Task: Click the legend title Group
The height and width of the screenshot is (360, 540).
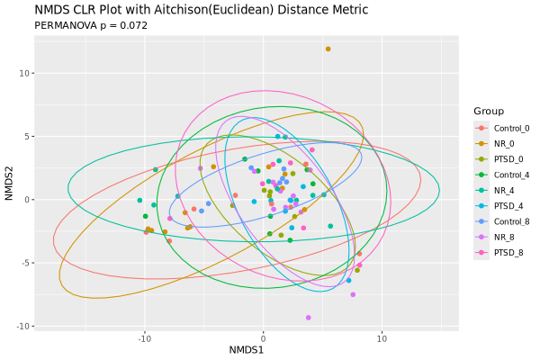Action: tap(488, 111)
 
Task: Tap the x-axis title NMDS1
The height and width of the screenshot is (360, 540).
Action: tap(246, 349)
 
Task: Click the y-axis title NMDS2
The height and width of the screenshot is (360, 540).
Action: tap(9, 182)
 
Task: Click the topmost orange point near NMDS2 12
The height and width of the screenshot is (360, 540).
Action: tap(328, 49)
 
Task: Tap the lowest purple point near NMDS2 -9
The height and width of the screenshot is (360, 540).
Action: tap(308, 318)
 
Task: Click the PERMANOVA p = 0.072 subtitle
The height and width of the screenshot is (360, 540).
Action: tap(91, 26)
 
